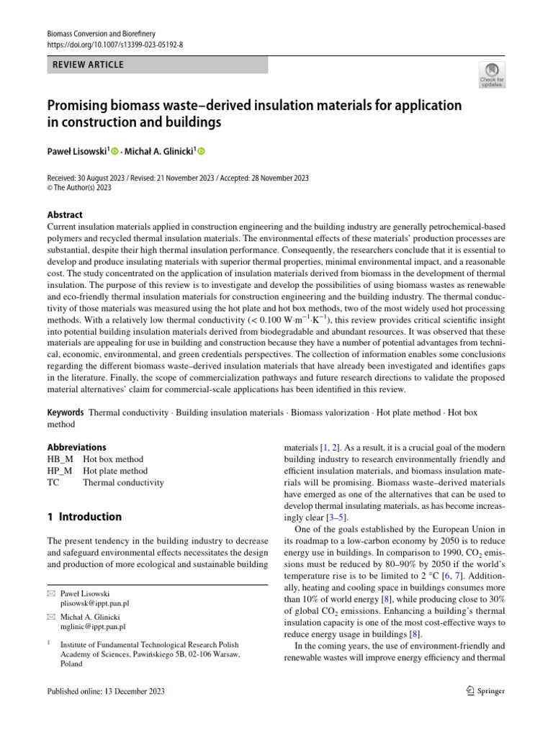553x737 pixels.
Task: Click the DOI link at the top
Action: click(x=115, y=45)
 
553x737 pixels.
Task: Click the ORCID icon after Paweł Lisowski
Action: click(x=114, y=151)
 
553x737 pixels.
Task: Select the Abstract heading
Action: click(x=65, y=214)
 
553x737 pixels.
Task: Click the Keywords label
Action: click(x=66, y=413)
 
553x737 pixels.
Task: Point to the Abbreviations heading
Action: click(x=76, y=447)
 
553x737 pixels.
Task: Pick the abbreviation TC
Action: click(x=53, y=483)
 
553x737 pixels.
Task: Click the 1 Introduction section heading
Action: click(x=84, y=517)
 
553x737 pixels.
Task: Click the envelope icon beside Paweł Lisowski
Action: click(x=50, y=593)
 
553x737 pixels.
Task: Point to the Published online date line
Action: click(x=106, y=692)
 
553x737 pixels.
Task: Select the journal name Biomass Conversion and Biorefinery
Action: click(x=101, y=34)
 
